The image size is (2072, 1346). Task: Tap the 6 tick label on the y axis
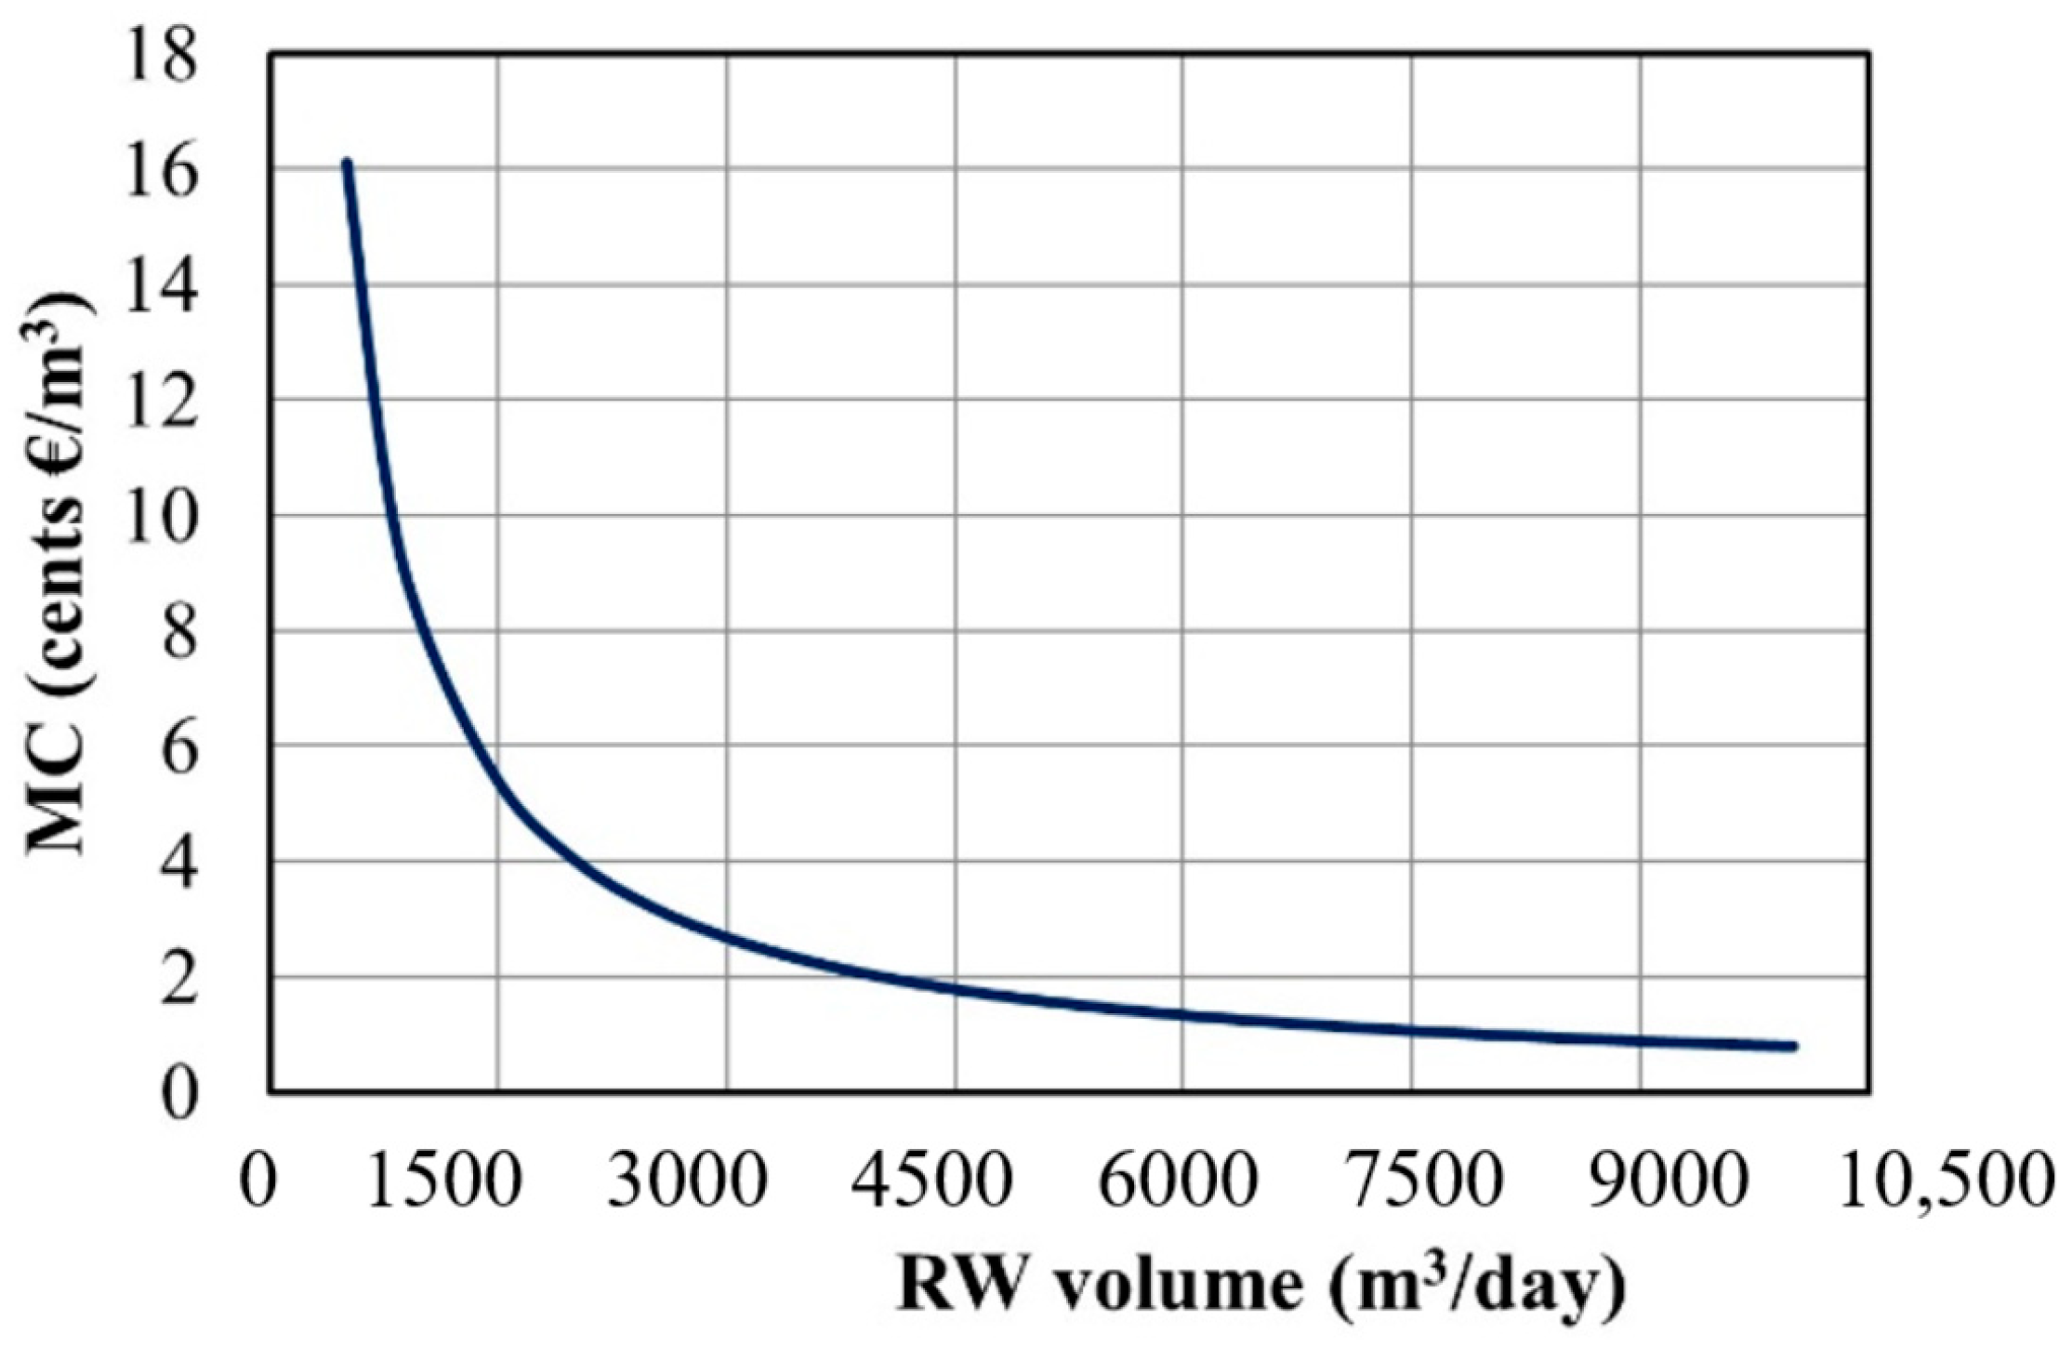178,749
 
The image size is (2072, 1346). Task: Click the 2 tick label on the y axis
178,981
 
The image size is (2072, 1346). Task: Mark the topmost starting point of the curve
347,164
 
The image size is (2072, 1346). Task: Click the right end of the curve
1793,1047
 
